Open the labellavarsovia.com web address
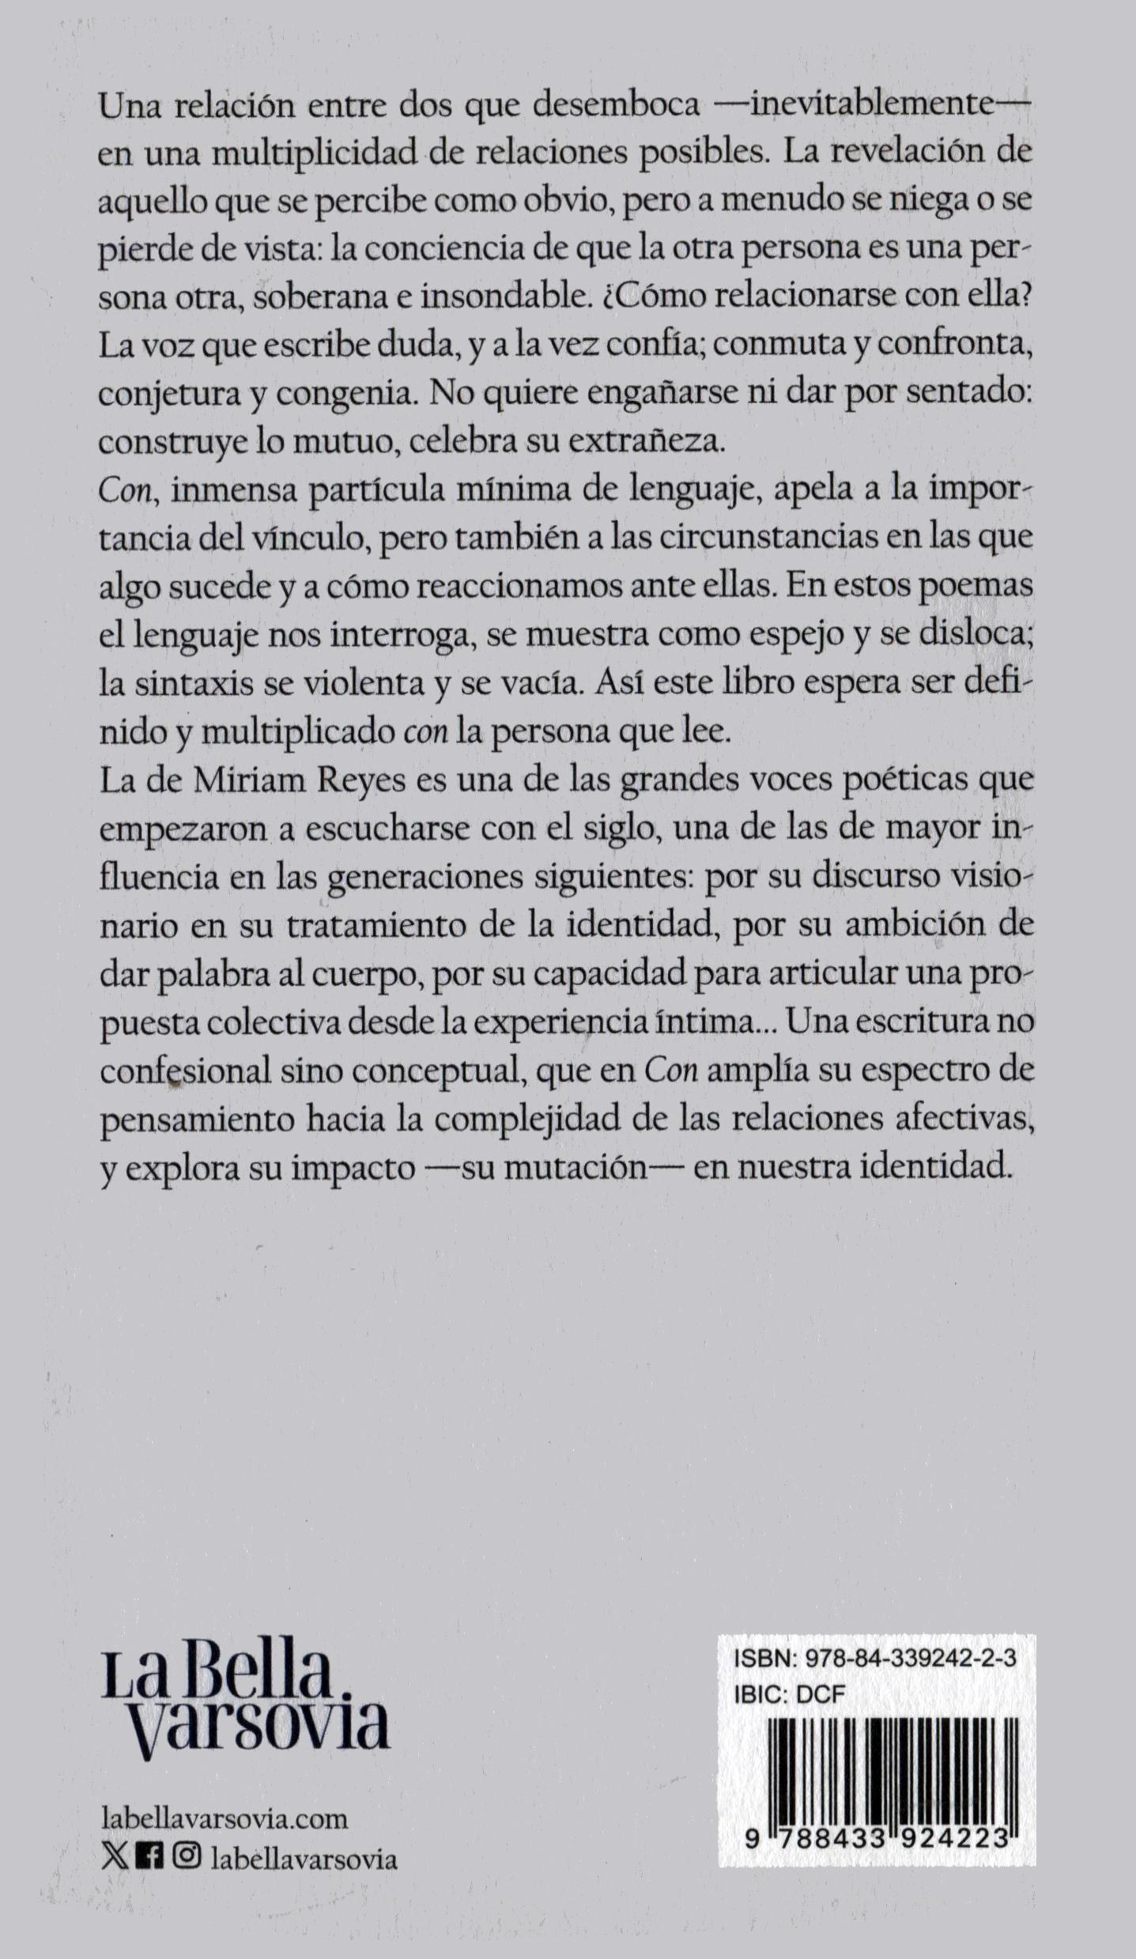(x=225, y=1813)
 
